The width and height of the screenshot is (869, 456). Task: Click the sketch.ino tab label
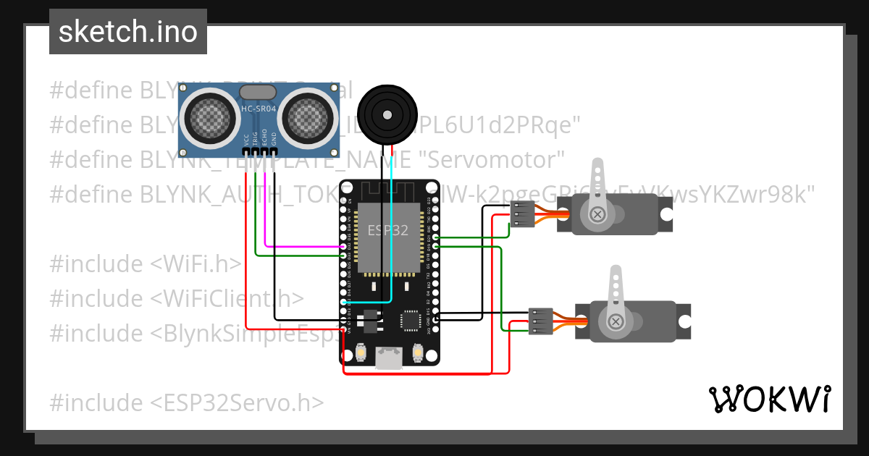point(128,32)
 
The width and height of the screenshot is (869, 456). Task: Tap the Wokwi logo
point(768,399)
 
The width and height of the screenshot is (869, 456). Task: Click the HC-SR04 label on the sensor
point(258,109)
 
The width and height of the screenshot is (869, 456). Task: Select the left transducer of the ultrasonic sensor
point(211,115)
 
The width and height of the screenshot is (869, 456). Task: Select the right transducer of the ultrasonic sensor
point(308,115)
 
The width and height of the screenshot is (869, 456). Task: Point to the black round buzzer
point(388,113)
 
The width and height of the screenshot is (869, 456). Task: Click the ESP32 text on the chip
point(387,231)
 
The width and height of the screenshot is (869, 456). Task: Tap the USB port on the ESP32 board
point(390,358)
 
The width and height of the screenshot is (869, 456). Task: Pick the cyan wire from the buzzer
point(392,239)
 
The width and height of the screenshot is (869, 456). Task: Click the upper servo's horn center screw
point(597,214)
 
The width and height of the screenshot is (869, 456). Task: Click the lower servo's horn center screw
point(616,321)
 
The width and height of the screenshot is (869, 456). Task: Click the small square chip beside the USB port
point(410,319)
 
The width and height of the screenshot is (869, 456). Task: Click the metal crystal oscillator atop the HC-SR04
point(258,92)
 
